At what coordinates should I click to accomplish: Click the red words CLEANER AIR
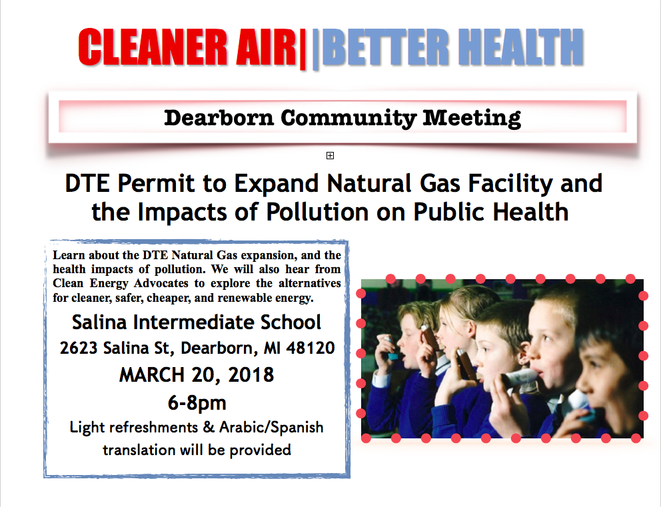pyautogui.click(x=187, y=47)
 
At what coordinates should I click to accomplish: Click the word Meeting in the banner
pyautogui.click(x=472, y=118)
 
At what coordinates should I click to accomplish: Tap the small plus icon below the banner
pyautogui.click(x=330, y=155)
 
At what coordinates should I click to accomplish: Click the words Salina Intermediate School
pyautogui.click(x=197, y=322)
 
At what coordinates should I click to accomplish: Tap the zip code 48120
pyautogui.click(x=311, y=348)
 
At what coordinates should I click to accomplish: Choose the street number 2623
pyautogui.click(x=79, y=348)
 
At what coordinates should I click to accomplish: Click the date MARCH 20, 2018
pyautogui.click(x=197, y=374)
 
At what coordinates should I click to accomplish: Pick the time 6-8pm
pyautogui.click(x=197, y=403)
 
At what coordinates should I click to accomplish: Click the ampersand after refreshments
pyautogui.click(x=209, y=427)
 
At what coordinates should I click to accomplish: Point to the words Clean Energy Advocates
pyautogui.click(x=121, y=283)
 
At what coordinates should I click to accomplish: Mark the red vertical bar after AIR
pyautogui.click(x=302, y=48)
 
